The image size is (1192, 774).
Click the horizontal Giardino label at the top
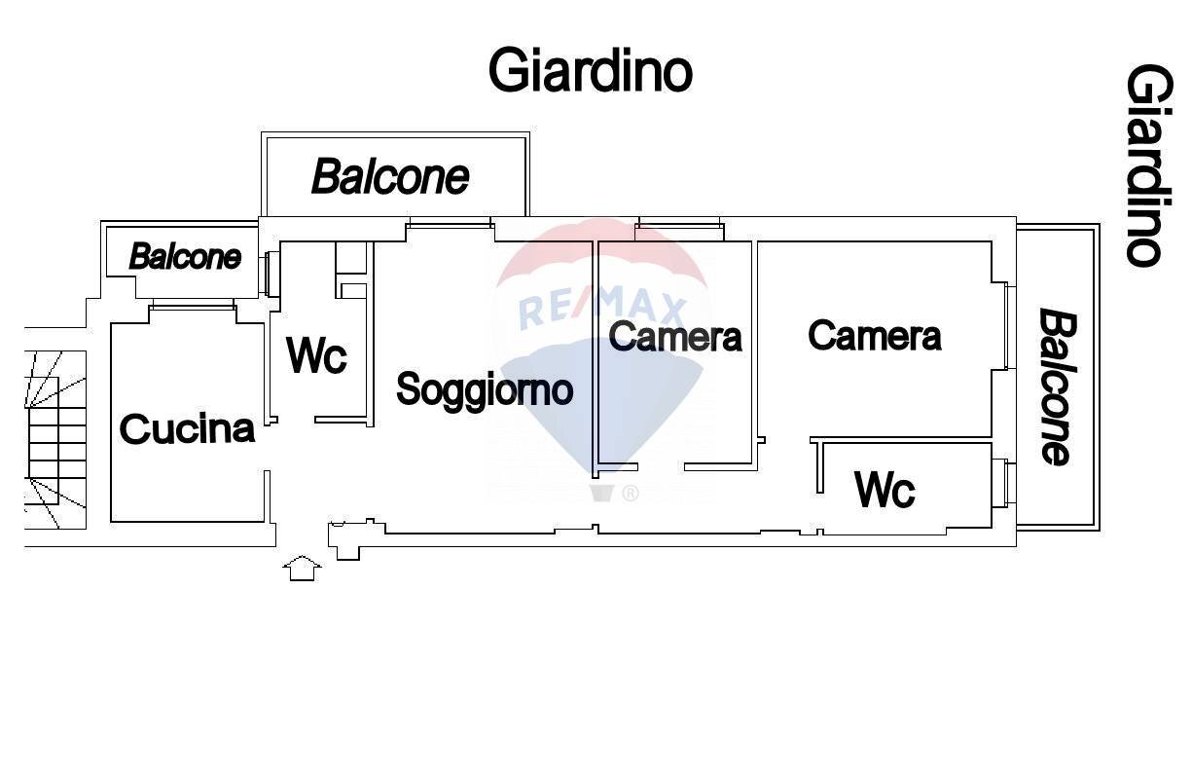click(x=590, y=70)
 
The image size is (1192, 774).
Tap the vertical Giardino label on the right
click(x=1145, y=165)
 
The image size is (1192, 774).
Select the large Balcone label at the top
click(x=390, y=177)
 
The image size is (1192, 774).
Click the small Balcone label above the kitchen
click(x=185, y=257)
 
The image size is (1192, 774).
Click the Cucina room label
click(x=187, y=428)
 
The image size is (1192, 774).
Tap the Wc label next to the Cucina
click(x=316, y=355)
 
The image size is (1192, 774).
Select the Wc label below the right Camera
click(x=885, y=489)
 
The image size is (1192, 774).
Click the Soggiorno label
click(x=485, y=389)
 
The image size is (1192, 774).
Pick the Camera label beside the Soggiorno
click(x=675, y=337)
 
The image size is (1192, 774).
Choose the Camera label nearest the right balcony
click(x=874, y=336)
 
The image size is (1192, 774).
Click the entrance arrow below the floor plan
click(x=302, y=568)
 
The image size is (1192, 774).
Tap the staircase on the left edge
click(x=55, y=439)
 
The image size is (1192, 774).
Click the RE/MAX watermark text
click(x=602, y=310)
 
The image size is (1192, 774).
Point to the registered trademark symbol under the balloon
click(x=631, y=494)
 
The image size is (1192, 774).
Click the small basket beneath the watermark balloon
click(x=602, y=492)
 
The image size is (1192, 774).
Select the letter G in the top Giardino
click(x=508, y=70)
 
